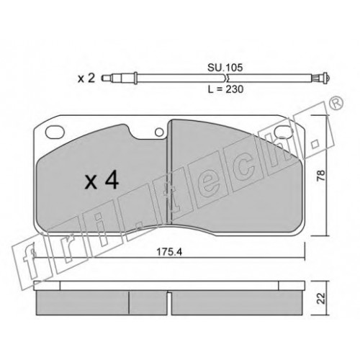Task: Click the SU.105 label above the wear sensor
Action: pos(225,68)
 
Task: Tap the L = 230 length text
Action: pos(225,89)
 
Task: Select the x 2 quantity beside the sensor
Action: pos(86,78)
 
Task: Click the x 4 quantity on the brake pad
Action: pos(102,181)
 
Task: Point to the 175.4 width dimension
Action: pos(169,252)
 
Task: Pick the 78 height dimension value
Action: pos(320,175)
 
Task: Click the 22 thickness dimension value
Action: pos(320,298)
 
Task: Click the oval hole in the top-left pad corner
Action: pos(55,132)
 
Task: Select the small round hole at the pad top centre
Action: pos(159,132)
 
